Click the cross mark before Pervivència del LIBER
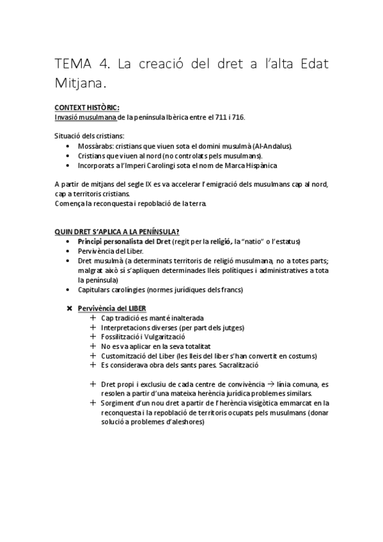70,309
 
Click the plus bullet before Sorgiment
93,403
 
